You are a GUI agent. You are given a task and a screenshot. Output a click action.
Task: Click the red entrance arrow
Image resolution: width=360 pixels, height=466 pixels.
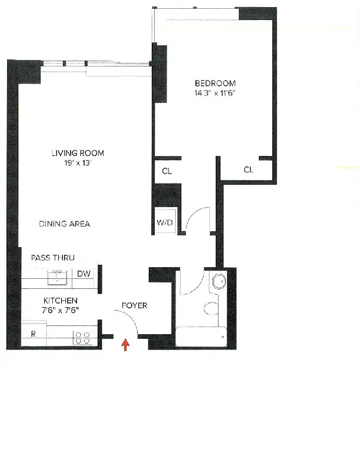pos(125,344)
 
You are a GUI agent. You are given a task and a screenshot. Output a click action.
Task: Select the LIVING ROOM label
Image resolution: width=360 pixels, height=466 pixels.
pos(78,154)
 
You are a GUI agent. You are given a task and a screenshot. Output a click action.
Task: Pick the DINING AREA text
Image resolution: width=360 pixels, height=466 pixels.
pos(65,224)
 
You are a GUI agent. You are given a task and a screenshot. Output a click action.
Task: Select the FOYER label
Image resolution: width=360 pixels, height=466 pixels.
pos(134,306)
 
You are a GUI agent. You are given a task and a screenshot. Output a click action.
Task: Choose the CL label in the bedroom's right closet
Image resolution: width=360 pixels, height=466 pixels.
pos(248,169)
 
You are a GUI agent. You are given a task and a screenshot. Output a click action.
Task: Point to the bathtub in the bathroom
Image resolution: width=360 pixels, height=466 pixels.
pos(201,337)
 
